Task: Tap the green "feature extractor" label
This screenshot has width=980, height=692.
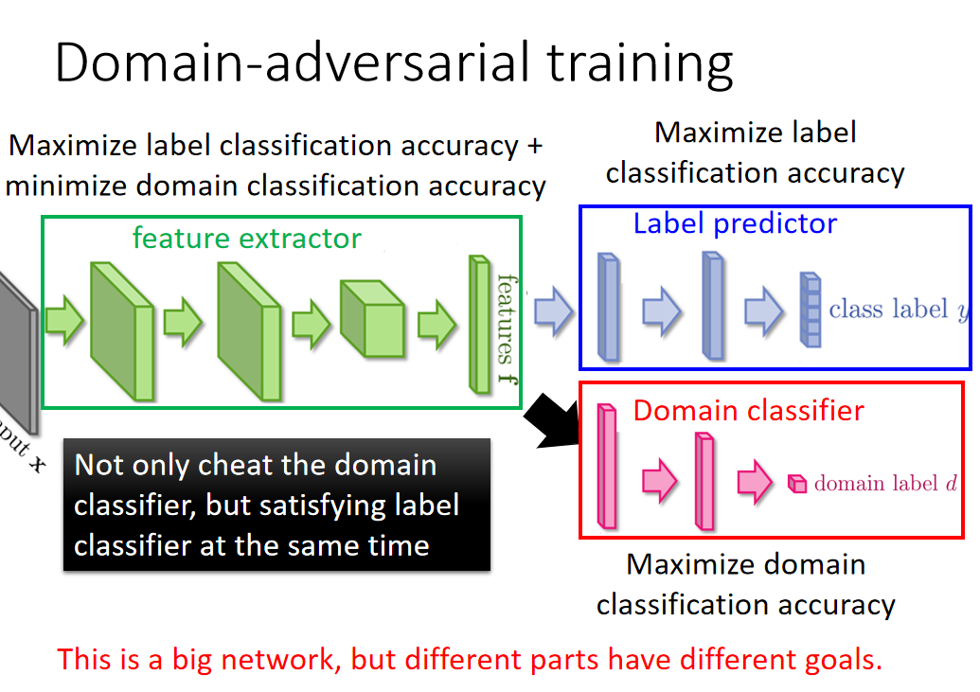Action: pos(246,238)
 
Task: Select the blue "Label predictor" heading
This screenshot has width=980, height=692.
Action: pos(735,223)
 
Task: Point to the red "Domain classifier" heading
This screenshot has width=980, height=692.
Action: pos(748,411)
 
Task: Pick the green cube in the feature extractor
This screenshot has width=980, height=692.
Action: pos(371,318)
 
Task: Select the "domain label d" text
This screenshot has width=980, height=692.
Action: pos(884,484)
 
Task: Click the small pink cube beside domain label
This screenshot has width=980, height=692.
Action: pos(798,484)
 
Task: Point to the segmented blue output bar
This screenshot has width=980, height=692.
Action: pos(809,310)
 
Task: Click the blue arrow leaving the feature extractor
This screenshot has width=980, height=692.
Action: pos(553,311)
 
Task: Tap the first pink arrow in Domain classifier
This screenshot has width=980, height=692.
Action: pos(660,480)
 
